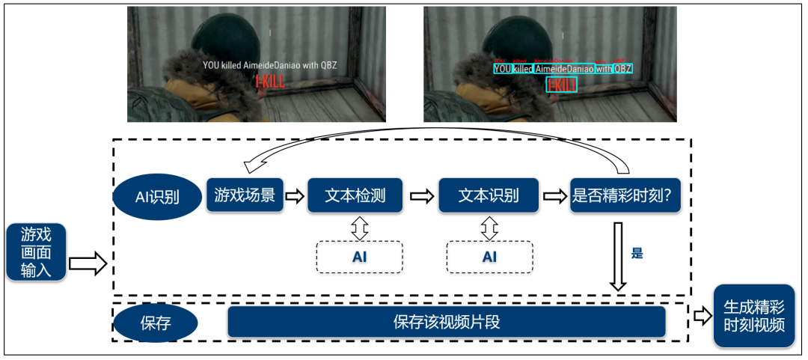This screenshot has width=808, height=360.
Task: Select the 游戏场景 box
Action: point(245,195)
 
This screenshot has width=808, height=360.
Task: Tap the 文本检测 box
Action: point(355,195)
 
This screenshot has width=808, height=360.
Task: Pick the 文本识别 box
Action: point(489,195)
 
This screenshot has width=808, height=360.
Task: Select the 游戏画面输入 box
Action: point(36,252)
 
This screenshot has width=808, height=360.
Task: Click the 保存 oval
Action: point(156,323)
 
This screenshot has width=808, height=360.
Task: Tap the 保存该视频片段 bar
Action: point(447,322)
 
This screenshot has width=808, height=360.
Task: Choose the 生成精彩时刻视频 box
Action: point(753,315)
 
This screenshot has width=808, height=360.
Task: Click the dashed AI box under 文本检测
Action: point(359,257)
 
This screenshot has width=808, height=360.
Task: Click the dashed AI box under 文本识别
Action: point(489,257)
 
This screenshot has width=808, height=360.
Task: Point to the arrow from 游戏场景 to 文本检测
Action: point(296,196)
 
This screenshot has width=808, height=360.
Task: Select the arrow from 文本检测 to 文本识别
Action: point(422,196)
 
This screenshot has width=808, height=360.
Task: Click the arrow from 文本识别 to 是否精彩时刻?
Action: point(555,196)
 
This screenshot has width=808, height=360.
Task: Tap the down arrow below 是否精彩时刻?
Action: point(618,254)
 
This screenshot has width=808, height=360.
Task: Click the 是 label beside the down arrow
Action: point(637,253)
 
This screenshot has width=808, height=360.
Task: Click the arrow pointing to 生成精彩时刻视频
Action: point(702,316)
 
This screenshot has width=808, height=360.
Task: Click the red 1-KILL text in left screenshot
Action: point(269,82)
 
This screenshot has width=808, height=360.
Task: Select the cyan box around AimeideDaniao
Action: point(565,69)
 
